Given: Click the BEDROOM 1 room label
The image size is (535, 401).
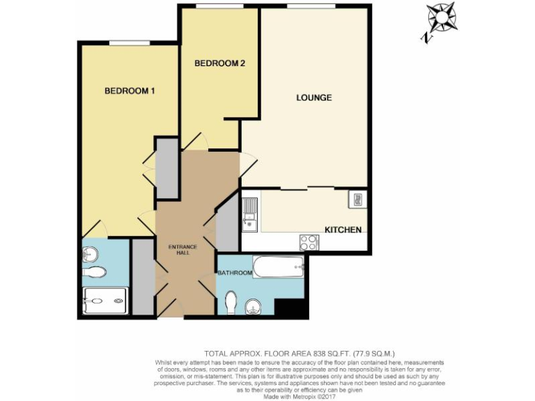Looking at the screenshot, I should [130, 91].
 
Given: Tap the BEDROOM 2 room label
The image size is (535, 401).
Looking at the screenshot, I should [219, 63].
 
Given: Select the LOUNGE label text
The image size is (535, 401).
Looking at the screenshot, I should [313, 97].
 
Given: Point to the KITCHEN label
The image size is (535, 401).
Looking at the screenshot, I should [343, 230].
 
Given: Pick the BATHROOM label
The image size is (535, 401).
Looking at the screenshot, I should [234, 272].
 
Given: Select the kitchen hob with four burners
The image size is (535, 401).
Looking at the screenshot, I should [309, 242].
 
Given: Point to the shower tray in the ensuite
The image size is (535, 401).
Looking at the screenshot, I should [105, 301].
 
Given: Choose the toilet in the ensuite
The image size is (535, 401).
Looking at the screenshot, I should [96, 272].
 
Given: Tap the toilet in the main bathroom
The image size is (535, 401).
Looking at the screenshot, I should [232, 301].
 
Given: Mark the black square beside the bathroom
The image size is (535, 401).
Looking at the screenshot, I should [290, 308].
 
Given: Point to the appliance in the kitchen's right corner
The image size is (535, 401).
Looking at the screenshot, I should [357, 199].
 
